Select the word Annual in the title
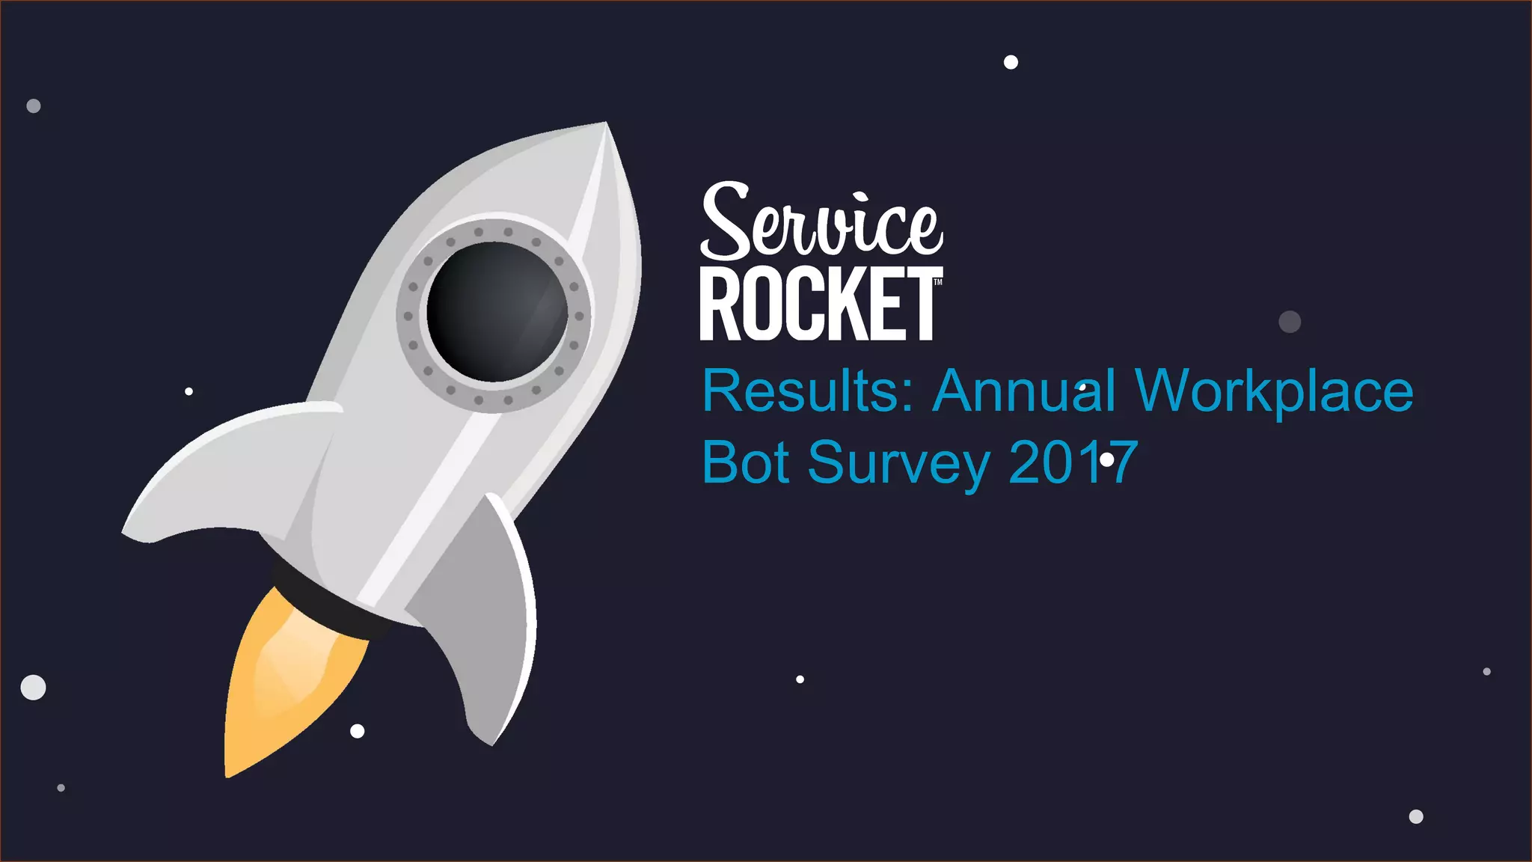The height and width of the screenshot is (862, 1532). pos(1024,391)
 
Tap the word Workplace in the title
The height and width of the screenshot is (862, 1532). pos(1274,392)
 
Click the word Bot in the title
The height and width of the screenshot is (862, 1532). pos(745,462)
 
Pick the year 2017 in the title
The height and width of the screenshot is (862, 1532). pos(1073,462)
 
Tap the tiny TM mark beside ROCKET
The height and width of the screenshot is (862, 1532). pos(938,282)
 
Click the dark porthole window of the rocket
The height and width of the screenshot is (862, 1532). pos(496,311)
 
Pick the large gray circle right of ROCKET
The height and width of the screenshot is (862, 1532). pos(1290,322)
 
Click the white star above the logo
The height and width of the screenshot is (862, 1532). pos(1011,62)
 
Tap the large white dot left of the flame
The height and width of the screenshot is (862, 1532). pos(33,687)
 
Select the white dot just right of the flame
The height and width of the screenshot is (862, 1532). pos(358,731)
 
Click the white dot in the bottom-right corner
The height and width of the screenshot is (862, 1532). pos(1416,816)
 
